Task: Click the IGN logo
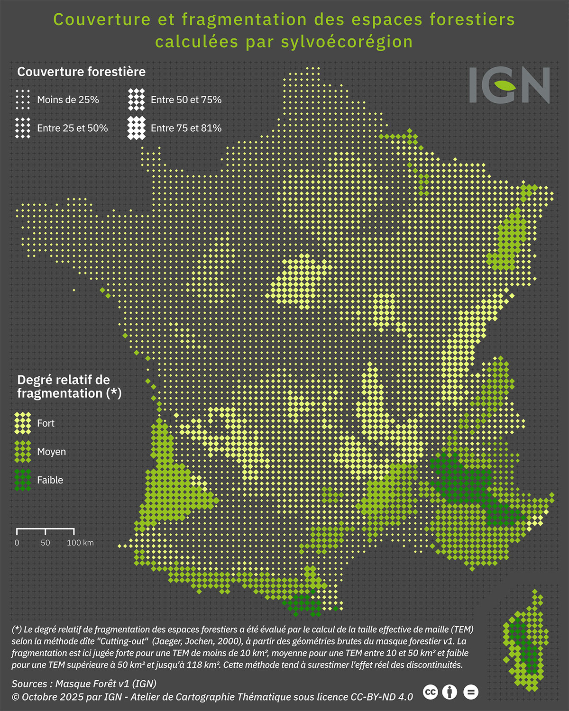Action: (x=510, y=85)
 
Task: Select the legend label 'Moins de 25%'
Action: (x=68, y=100)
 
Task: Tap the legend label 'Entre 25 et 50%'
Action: (x=72, y=128)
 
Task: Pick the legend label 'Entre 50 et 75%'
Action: (x=186, y=100)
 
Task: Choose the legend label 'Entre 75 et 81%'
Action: (x=186, y=128)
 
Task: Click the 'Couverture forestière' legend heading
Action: (x=81, y=72)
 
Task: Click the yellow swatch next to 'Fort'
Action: (x=23, y=423)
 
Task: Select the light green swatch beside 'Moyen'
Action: (x=23, y=452)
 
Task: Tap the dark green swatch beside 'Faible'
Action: (x=23, y=480)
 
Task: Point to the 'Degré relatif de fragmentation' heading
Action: (x=69, y=387)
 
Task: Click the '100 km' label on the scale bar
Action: (x=80, y=543)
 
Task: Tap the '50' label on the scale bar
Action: (x=45, y=543)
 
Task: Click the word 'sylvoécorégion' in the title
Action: (x=347, y=42)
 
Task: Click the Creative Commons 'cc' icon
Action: (x=430, y=693)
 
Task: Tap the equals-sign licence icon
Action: (x=470, y=693)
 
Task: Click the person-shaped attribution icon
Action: (x=450, y=693)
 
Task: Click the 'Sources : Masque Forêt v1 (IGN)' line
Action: (x=84, y=684)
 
